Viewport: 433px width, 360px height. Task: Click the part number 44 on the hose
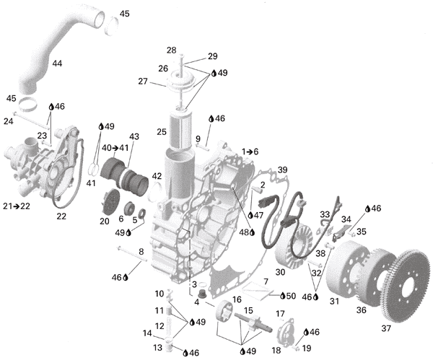coord(57,63)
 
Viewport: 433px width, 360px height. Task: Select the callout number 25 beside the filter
coord(162,132)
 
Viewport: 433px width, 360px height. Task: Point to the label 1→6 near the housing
coord(250,152)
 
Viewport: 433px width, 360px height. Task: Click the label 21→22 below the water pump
coord(17,206)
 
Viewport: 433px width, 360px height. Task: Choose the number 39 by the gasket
coord(282,170)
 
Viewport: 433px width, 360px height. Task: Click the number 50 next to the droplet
coord(291,296)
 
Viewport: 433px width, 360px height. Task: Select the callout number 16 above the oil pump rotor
coord(237,299)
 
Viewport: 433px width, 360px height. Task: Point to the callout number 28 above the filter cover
coord(171,51)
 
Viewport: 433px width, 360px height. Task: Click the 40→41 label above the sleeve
coord(115,148)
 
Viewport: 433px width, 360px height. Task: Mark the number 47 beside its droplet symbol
coord(258,215)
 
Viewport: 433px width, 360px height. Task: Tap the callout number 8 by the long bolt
coord(141,252)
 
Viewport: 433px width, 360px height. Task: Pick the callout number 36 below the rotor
coord(361,310)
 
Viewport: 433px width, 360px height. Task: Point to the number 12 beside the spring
coord(159,326)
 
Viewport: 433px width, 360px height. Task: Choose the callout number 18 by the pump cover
coord(276,350)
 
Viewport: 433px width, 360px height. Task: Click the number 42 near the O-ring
coord(157,176)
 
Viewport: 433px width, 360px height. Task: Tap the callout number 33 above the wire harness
coord(325,214)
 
